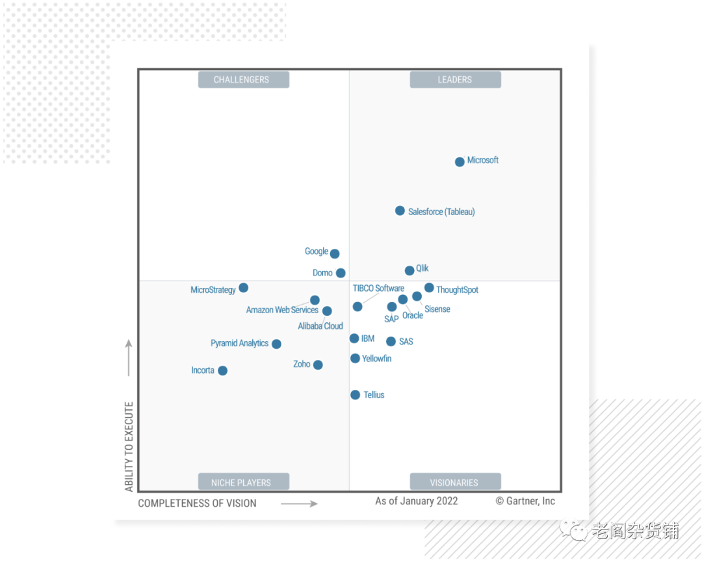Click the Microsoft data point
460,162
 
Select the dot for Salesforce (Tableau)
400,211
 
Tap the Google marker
335,253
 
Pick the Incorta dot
222,370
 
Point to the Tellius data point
355,394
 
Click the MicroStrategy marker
243,287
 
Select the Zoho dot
318,364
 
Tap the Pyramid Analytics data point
276,344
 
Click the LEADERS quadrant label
455,80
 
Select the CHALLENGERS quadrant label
241,80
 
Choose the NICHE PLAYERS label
241,483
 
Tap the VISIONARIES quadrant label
454,483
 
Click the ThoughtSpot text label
457,290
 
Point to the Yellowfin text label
376,359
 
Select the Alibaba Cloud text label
320,326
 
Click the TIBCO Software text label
378,288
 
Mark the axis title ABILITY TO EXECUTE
129,446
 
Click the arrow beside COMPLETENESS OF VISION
299,504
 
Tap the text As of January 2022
417,501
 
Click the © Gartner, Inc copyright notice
525,501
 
